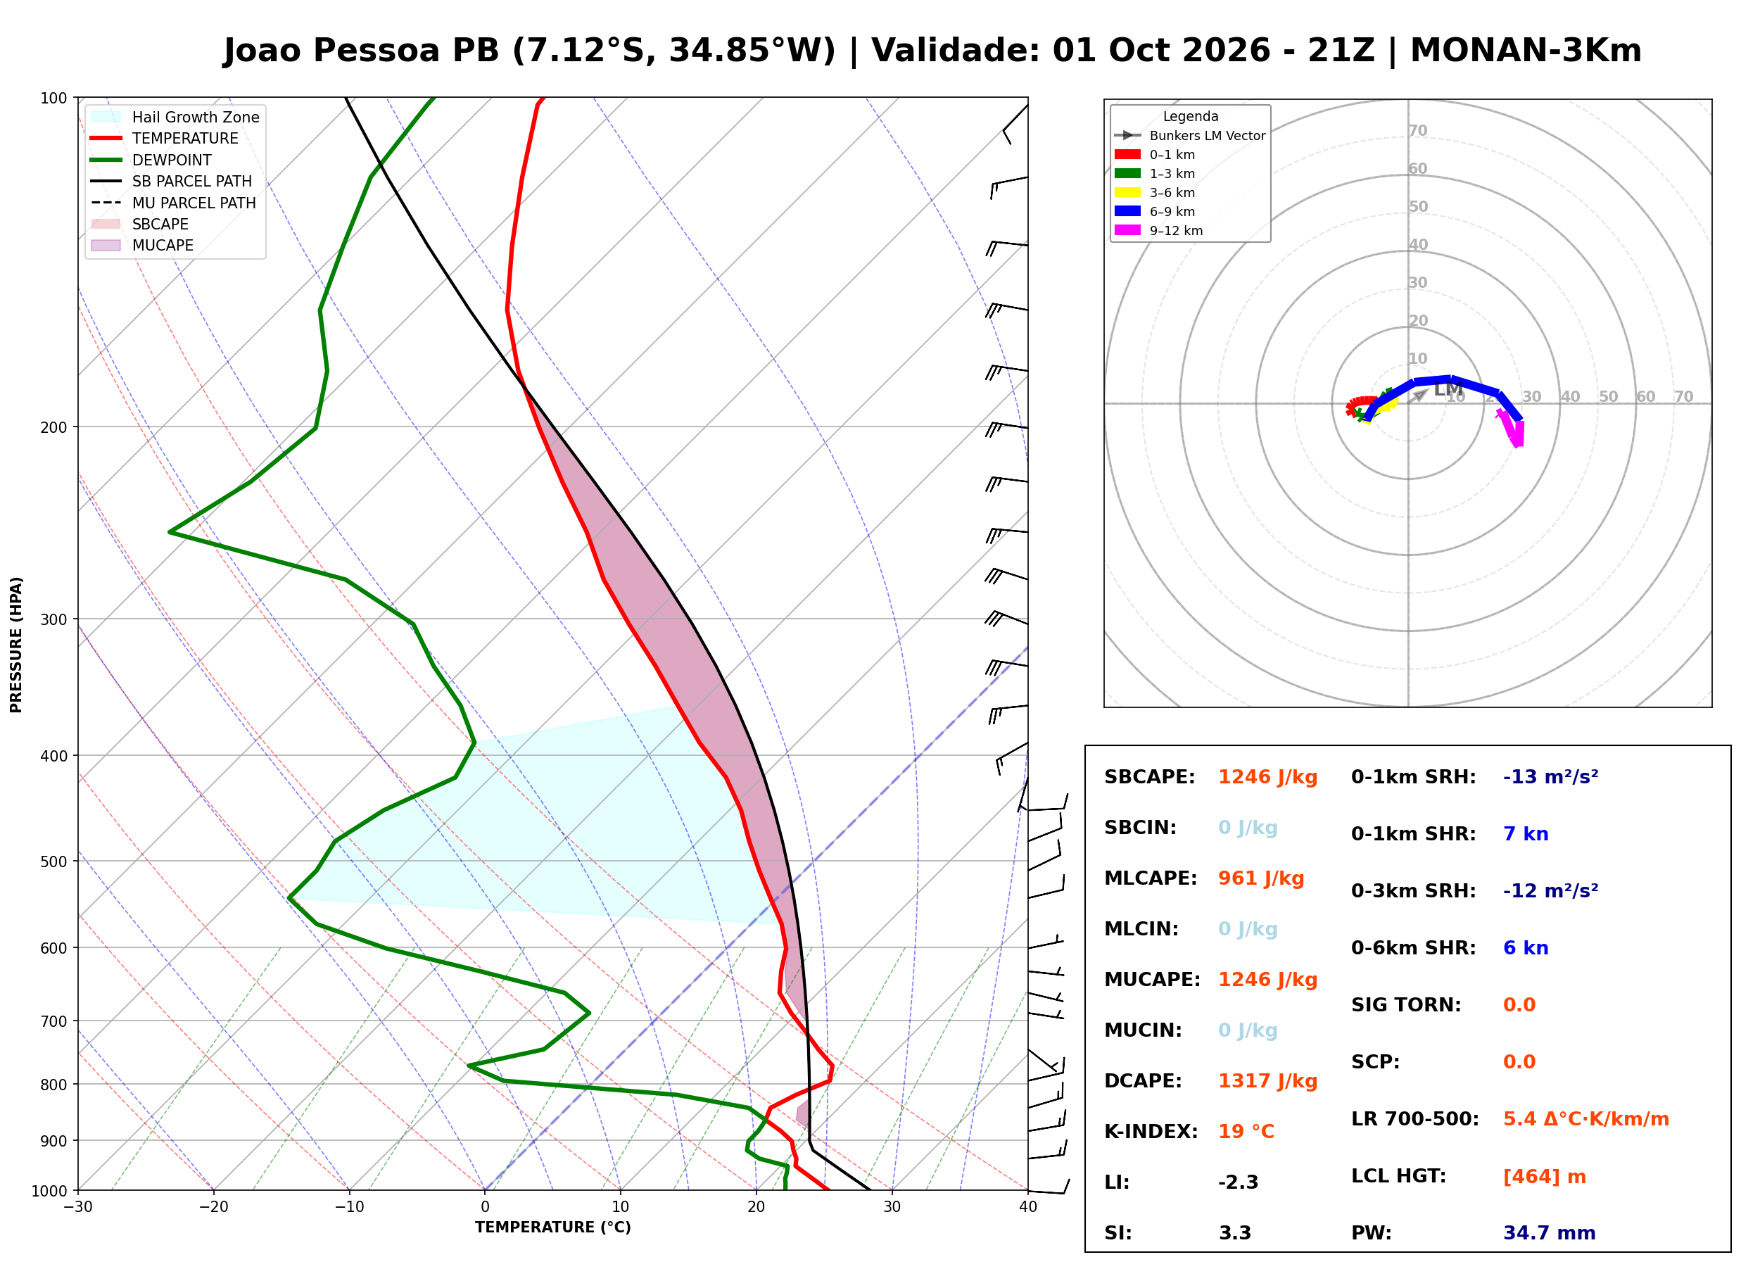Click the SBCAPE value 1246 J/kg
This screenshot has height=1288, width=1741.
(1268, 777)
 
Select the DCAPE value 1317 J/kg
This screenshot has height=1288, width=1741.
(1268, 1081)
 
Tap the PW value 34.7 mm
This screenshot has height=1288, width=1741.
(1550, 1233)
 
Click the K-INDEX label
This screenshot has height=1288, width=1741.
(1151, 1132)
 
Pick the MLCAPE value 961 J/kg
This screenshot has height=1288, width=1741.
(1261, 878)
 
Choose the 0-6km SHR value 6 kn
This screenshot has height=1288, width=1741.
(1526, 948)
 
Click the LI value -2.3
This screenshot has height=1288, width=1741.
(1239, 1182)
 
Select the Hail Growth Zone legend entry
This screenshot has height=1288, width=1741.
(175, 117)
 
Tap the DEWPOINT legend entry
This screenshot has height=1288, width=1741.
(151, 160)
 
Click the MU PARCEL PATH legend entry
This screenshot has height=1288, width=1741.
(173, 203)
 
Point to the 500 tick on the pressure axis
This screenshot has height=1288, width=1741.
(53, 861)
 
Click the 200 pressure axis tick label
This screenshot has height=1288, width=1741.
(53, 427)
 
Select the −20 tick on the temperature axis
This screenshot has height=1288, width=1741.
(213, 1207)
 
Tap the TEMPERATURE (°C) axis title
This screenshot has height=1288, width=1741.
(552, 1227)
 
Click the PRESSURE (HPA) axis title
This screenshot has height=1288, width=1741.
(15, 645)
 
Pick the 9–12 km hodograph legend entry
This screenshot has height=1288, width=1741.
(1159, 231)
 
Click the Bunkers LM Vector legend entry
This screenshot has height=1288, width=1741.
(1190, 136)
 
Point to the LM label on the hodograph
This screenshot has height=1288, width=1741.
(1448, 390)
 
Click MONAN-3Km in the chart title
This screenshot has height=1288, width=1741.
(1525, 51)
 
